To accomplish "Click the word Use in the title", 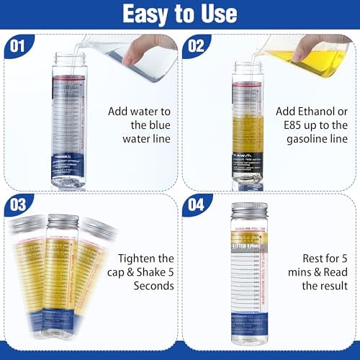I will coord(217,14).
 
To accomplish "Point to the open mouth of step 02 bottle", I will coord(250,63).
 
